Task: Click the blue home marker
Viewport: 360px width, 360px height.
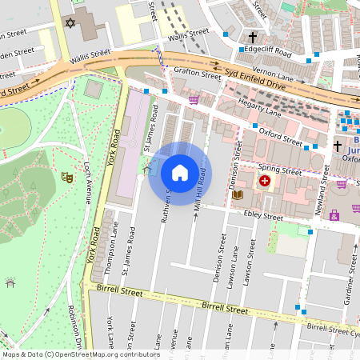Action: click(x=180, y=172)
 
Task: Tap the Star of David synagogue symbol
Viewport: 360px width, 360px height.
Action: click(x=70, y=25)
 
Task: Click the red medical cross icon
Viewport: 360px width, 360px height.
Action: click(x=264, y=182)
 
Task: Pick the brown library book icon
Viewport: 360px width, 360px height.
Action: click(x=237, y=194)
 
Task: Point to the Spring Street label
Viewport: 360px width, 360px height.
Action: click(x=279, y=171)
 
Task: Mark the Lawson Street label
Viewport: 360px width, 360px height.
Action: click(x=250, y=266)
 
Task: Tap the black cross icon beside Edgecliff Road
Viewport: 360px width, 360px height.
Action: click(x=253, y=38)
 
